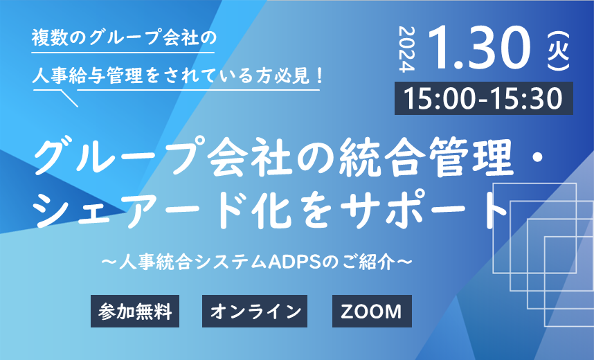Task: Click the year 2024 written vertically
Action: [x=407, y=49]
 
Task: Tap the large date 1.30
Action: [x=480, y=48]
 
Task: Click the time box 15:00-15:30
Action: [x=484, y=98]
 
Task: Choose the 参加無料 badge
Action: [x=135, y=311]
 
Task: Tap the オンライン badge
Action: [x=255, y=311]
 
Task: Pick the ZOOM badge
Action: [x=372, y=311]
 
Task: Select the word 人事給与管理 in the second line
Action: [x=87, y=75]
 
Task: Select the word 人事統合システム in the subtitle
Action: [x=193, y=262]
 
